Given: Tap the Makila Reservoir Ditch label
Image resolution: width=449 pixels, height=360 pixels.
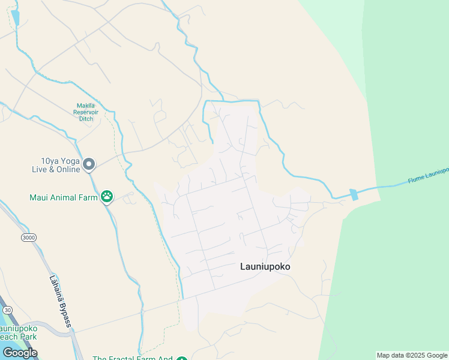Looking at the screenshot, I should pyautogui.click(x=89, y=112).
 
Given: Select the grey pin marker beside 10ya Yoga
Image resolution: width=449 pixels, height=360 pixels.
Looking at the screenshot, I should pyautogui.click(x=89, y=164).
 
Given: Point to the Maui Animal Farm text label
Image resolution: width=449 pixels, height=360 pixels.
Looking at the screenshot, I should pyautogui.click(x=63, y=197).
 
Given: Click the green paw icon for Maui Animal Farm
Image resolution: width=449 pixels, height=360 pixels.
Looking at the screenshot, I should pyautogui.click(x=107, y=196).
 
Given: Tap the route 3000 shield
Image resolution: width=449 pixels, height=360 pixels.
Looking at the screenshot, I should pyautogui.click(x=28, y=238).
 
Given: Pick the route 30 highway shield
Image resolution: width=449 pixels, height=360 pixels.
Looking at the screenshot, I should pyautogui.click(x=7, y=310).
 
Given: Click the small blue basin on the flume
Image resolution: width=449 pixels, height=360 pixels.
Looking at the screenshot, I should pyautogui.click(x=354, y=194).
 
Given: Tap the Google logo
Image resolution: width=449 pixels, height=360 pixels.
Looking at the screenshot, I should pyautogui.click(x=20, y=353).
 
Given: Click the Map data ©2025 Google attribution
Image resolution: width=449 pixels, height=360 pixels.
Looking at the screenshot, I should pyautogui.click(x=412, y=355).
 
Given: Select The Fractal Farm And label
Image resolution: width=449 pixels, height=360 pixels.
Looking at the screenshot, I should pyautogui.click(x=132, y=359).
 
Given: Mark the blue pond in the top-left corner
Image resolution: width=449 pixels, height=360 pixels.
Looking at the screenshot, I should pyautogui.click(x=15, y=17).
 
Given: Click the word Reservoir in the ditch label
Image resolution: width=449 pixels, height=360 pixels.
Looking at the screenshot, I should pyautogui.click(x=89, y=112).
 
